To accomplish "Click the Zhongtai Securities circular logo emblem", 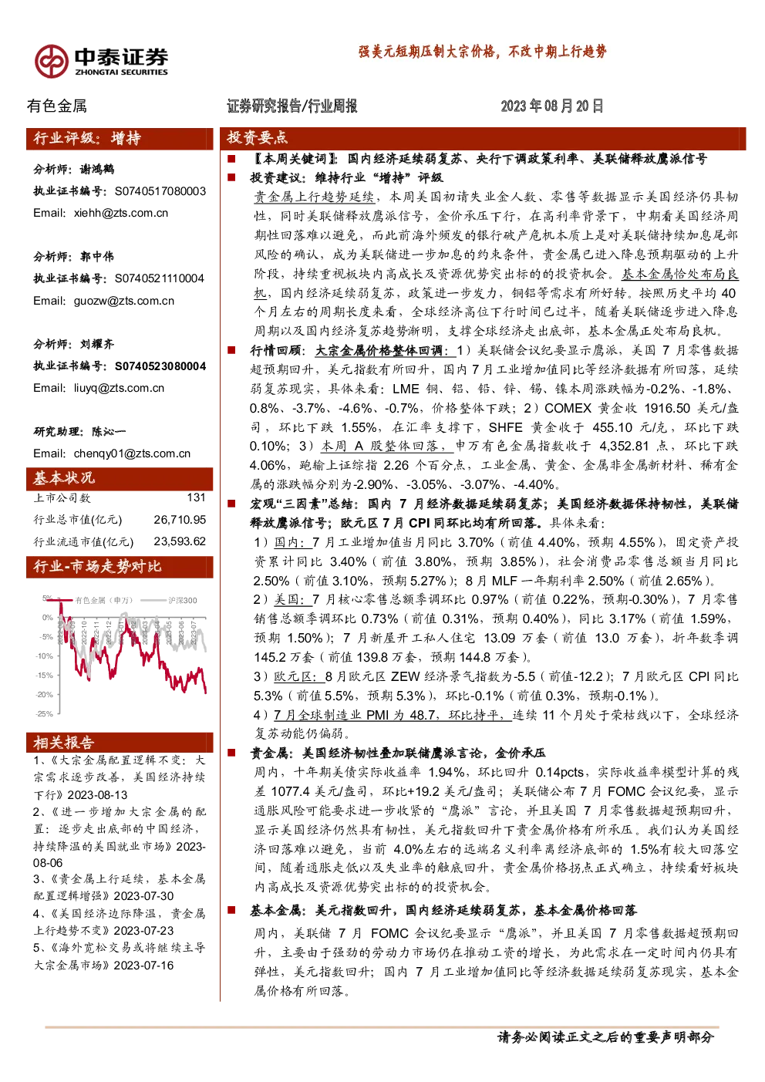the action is pos(51,62).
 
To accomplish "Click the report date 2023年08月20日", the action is pos(551,106).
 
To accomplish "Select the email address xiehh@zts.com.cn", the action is pos(121,213).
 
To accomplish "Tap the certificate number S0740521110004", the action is pos(160,278).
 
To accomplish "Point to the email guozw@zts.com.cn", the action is pos(123,301).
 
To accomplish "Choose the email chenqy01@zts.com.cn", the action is pos(132,453).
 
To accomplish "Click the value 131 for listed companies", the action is pos(196,497).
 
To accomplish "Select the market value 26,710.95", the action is pos(180,520).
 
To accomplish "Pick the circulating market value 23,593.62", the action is pos(180,541).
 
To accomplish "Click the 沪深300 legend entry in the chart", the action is pos(182,601).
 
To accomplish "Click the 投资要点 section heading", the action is pos(258,138).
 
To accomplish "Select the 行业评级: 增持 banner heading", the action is pos(87,138).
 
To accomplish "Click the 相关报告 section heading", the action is pos(64,743).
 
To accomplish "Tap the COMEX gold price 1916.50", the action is pos(667,408).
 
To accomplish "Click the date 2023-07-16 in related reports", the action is pos(143,965).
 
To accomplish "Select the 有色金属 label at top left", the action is pos(56,106).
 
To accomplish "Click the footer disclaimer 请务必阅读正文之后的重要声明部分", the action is pos(605,1036).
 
